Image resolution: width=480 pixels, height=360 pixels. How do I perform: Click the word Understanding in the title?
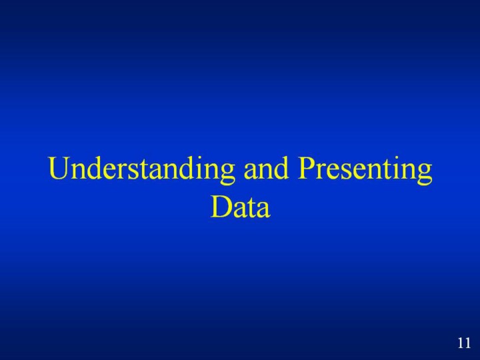pos(141,169)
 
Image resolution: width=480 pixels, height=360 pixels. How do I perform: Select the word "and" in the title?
pos(266,168)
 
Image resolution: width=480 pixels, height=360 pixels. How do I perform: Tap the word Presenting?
pos(365,169)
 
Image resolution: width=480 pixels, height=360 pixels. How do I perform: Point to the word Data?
pos(240,207)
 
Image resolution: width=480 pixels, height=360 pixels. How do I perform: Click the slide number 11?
pos(464,343)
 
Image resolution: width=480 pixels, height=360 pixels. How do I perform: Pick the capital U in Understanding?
pos(59,168)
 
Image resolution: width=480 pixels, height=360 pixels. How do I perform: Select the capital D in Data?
pos(221,207)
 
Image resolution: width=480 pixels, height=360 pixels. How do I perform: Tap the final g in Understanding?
pos(227,175)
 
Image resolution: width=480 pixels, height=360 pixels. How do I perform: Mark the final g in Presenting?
pos(424,175)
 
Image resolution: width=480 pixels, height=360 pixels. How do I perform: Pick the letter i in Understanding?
pos(197,168)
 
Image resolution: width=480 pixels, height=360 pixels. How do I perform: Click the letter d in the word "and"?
pos(281,168)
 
